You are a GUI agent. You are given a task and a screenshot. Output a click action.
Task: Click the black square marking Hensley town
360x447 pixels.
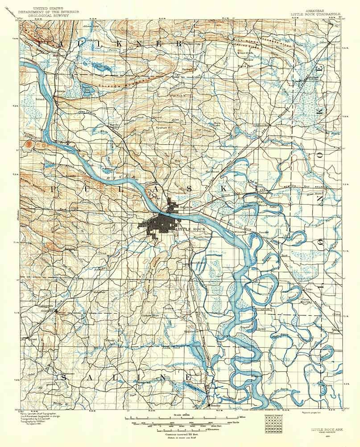[210, 406]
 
